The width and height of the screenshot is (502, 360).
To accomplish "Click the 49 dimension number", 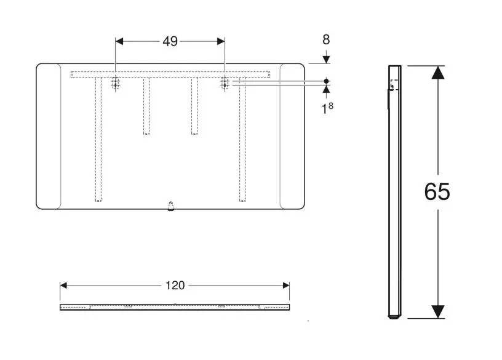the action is (170, 41).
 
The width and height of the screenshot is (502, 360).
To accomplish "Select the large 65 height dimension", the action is (437, 191).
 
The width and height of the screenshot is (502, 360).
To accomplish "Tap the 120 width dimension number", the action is (175, 285).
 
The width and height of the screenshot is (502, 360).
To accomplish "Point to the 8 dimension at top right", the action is (326, 40).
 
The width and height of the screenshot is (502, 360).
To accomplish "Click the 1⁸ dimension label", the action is (327, 108).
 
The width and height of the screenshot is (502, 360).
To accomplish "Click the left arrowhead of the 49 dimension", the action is (119, 41).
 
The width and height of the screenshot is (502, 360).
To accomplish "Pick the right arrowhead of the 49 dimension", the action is (221, 41).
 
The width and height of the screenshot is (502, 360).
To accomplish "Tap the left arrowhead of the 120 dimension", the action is (63, 286).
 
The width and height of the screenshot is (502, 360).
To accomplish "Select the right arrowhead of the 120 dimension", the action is (286, 286).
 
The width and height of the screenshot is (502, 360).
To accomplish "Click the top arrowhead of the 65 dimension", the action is (437, 73).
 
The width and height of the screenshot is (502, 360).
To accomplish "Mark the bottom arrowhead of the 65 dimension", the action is (437, 311).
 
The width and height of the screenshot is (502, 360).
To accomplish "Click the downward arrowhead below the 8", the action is (326, 59).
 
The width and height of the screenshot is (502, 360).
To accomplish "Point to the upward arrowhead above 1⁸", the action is (326, 89).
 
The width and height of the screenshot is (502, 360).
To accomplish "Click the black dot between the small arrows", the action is (326, 81).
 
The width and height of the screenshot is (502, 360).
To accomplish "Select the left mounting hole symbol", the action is (115, 83).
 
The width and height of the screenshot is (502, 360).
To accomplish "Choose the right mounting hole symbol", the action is (225, 83).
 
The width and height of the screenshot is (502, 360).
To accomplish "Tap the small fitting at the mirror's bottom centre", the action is (171, 206).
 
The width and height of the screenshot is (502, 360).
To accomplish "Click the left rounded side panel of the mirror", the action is (49, 137).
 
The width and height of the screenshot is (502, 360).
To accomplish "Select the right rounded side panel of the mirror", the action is (292, 137).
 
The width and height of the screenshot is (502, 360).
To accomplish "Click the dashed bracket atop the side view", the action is (394, 85).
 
